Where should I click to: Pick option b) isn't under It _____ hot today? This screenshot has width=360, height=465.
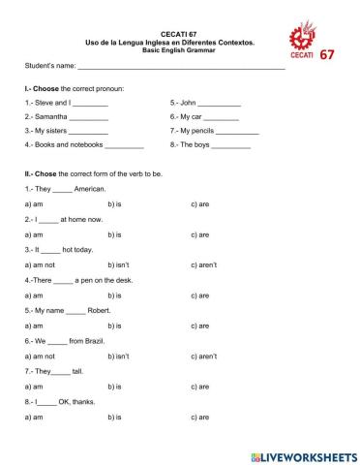click(x=118, y=264)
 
